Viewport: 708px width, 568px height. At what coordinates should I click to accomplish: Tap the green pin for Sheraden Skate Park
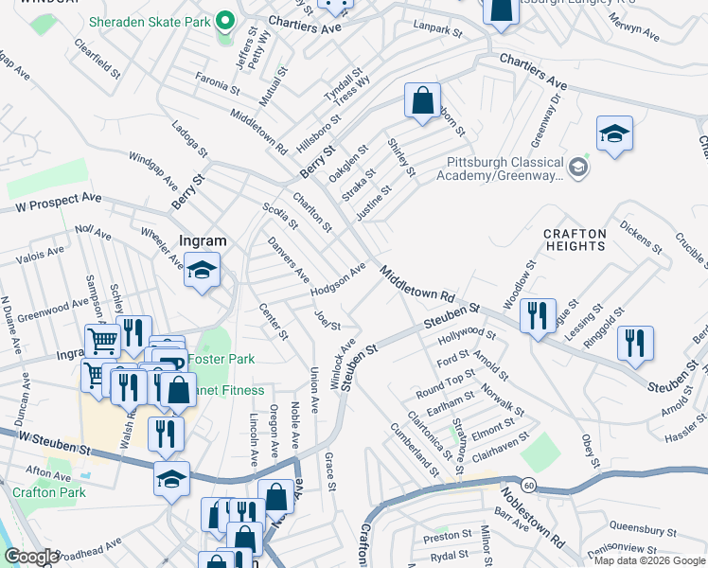pos(224,20)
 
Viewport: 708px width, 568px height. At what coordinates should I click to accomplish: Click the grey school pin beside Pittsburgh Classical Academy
pos(579,169)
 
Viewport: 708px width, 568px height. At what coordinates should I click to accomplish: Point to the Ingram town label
pos(202,241)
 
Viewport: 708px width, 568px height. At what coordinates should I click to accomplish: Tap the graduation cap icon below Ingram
pos(202,271)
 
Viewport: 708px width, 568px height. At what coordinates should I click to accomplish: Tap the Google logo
pos(31,557)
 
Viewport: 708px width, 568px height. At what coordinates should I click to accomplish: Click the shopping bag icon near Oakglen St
pos(423,98)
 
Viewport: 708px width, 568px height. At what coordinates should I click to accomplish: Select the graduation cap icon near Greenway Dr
pos(613,133)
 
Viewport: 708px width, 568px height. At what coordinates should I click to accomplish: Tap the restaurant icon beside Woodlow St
pos(538,314)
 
